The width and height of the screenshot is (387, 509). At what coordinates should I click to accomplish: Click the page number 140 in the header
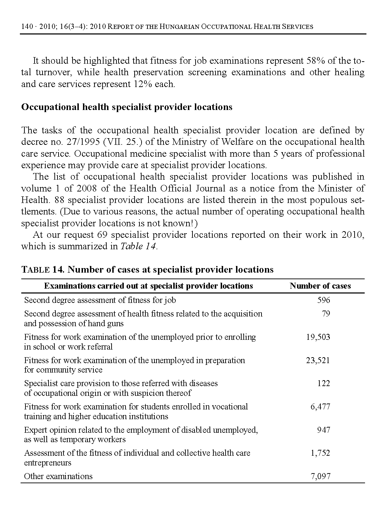pyautogui.click(x=27, y=26)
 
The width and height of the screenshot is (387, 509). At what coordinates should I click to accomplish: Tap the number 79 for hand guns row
pyautogui.click(x=326, y=314)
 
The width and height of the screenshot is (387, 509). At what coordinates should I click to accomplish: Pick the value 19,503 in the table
pyautogui.click(x=318, y=337)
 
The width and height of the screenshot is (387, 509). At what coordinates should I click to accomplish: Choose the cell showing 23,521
pyautogui.click(x=318, y=360)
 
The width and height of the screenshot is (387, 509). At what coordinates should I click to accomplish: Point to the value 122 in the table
pyautogui.click(x=323, y=383)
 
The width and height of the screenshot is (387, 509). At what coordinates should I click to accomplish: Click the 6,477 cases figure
pyautogui.click(x=320, y=407)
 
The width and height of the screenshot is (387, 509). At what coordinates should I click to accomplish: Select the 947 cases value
pyautogui.click(x=323, y=430)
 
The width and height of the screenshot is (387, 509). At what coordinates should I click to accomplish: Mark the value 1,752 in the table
pyautogui.click(x=320, y=453)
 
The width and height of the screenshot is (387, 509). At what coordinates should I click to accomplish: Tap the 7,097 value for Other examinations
pyautogui.click(x=320, y=476)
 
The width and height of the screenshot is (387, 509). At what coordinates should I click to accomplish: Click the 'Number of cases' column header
pyautogui.click(x=320, y=286)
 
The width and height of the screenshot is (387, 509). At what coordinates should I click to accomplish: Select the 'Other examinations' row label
pyautogui.click(x=58, y=476)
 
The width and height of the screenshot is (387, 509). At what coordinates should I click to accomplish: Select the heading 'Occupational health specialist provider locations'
pyautogui.click(x=127, y=107)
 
